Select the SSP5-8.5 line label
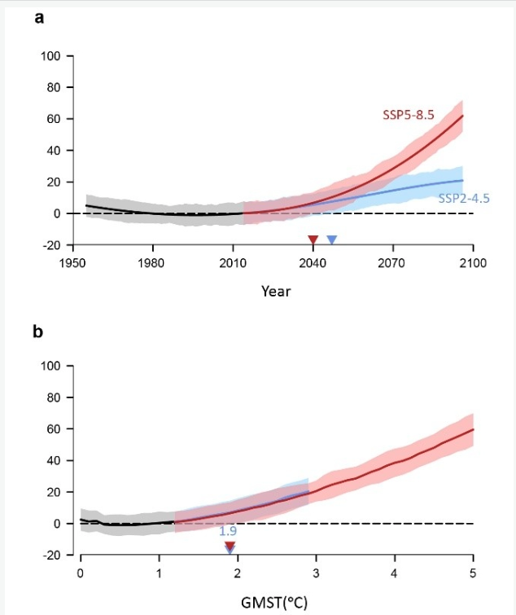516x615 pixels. coord(409,115)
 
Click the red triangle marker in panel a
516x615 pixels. coord(313,239)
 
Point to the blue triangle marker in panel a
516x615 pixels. coord(332,239)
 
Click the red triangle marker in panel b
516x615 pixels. coord(230,546)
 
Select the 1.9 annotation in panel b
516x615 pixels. coord(228,531)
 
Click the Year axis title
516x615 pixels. coord(275,291)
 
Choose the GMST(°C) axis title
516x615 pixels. coord(275,603)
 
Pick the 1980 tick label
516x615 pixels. coord(152,261)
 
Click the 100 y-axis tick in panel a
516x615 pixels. coord(53,56)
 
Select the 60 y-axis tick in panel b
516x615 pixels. coord(56,429)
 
